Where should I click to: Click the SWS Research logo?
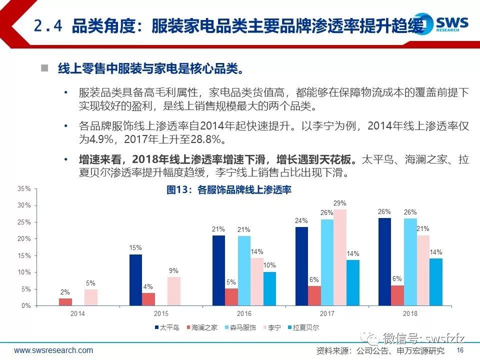(x=441, y=23)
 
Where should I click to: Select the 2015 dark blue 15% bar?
(x=135, y=280)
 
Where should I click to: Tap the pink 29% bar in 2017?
(x=340, y=257)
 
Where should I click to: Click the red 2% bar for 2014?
(x=65, y=302)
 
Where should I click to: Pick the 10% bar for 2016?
(x=269, y=288)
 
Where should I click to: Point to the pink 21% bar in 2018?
(x=423, y=270)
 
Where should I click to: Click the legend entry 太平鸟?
(x=167, y=327)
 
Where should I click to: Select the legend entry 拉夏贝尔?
(x=303, y=327)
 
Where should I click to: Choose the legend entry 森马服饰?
(x=240, y=327)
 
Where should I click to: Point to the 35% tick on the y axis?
(x=24, y=188)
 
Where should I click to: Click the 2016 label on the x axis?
(x=244, y=313)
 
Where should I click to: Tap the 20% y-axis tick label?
(x=24, y=239)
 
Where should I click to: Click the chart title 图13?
(x=177, y=190)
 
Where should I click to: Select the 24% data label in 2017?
(x=301, y=220)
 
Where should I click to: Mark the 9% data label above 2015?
(x=173, y=270)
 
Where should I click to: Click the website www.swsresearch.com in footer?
(x=53, y=350)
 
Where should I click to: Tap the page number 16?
(x=460, y=350)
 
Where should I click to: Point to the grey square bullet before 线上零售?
(x=44, y=67)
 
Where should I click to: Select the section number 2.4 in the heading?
(x=48, y=25)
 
